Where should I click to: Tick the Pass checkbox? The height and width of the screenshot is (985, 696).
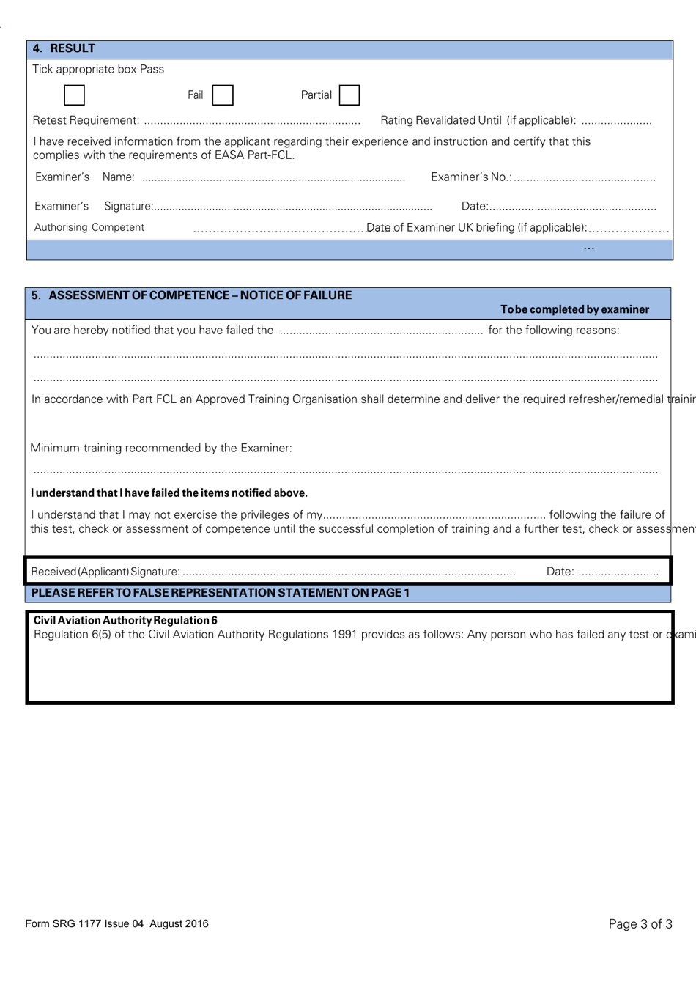tap(74, 95)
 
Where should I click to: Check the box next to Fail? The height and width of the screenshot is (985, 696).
tap(223, 95)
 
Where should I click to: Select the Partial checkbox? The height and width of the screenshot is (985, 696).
tap(349, 95)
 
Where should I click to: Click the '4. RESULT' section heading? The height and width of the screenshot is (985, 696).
tap(64, 49)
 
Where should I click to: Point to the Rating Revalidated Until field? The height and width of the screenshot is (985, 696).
tap(616, 121)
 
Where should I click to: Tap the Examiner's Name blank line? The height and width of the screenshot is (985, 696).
tap(273, 178)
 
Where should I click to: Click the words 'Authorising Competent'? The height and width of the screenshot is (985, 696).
tap(89, 228)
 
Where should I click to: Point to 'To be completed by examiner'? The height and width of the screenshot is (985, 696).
tap(574, 309)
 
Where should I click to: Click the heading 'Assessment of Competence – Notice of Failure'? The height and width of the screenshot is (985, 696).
tap(191, 295)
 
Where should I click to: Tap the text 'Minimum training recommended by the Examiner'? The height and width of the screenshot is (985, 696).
tap(161, 448)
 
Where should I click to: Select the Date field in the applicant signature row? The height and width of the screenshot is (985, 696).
tap(618, 572)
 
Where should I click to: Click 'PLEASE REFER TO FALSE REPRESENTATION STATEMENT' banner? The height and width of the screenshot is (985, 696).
tap(221, 592)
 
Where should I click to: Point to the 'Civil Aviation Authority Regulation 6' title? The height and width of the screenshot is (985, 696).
tap(125, 621)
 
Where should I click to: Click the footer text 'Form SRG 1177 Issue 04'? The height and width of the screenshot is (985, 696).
tap(116, 923)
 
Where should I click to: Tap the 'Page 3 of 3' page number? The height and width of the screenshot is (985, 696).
tap(640, 924)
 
